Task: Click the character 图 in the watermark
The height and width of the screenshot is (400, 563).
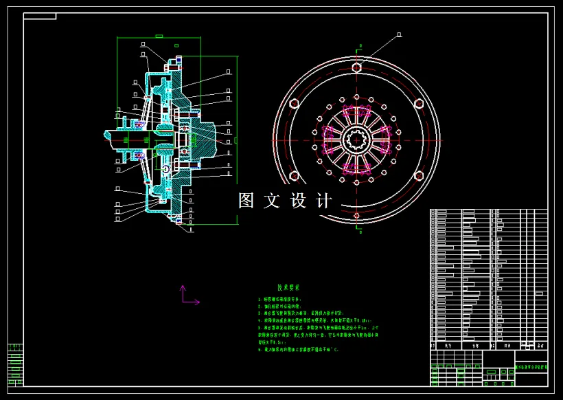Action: (x=246, y=201)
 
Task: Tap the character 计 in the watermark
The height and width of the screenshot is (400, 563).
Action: (x=324, y=201)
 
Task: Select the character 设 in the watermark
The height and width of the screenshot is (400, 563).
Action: (x=299, y=201)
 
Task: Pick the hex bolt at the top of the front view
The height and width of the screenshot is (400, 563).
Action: (x=356, y=67)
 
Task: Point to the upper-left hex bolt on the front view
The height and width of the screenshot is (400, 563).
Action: (x=294, y=104)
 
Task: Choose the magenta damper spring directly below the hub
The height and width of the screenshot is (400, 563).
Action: (x=356, y=169)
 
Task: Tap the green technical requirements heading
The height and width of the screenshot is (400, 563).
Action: (x=292, y=289)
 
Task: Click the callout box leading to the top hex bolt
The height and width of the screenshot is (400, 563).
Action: (x=399, y=33)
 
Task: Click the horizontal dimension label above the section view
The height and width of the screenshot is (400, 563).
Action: (x=159, y=35)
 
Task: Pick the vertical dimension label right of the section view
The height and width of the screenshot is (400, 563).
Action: (x=236, y=140)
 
